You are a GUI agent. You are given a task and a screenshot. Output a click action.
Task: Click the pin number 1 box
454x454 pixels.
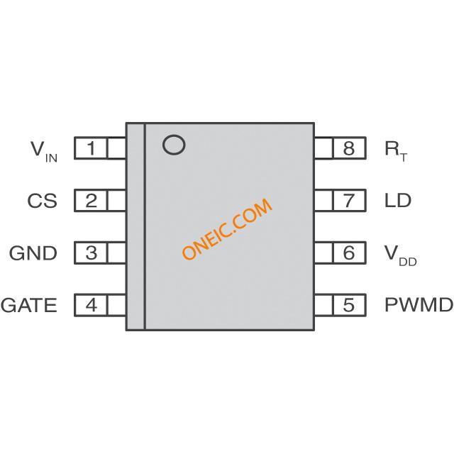click(91, 148)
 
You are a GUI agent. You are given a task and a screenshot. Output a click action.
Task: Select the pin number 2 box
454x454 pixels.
click(91, 200)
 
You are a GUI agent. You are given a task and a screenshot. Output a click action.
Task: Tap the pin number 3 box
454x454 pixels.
click(91, 253)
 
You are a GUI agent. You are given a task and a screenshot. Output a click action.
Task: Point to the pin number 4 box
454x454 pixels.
click(91, 305)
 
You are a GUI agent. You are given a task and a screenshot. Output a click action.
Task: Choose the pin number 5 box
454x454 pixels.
click(350, 305)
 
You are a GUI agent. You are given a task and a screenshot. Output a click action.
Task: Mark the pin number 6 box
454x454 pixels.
click(350, 253)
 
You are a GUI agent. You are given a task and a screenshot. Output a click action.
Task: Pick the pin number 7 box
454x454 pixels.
click(350, 200)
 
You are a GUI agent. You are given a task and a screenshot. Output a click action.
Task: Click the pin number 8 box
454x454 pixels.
click(350, 148)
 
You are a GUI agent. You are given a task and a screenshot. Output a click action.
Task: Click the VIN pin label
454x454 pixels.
click(44, 151)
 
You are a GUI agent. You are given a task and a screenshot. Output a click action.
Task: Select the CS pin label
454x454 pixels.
click(43, 201)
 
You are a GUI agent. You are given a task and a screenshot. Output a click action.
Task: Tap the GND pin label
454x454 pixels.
click(33, 253)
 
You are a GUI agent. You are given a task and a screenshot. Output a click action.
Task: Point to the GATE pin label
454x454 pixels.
click(28, 305)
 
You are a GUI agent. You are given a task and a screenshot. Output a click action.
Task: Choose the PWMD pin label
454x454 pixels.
click(419, 305)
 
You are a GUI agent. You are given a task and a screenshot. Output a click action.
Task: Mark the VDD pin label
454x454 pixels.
click(400, 255)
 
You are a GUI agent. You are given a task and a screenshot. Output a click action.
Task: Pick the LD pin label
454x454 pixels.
click(398, 200)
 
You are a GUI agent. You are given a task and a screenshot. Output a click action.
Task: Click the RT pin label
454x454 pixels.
click(396, 151)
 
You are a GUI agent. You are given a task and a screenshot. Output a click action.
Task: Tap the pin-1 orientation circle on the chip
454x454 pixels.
click(174, 135)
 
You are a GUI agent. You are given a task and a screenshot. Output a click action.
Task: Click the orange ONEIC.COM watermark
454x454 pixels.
click(227, 228)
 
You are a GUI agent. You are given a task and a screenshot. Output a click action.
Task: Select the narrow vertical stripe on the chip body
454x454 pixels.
click(135, 226)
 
